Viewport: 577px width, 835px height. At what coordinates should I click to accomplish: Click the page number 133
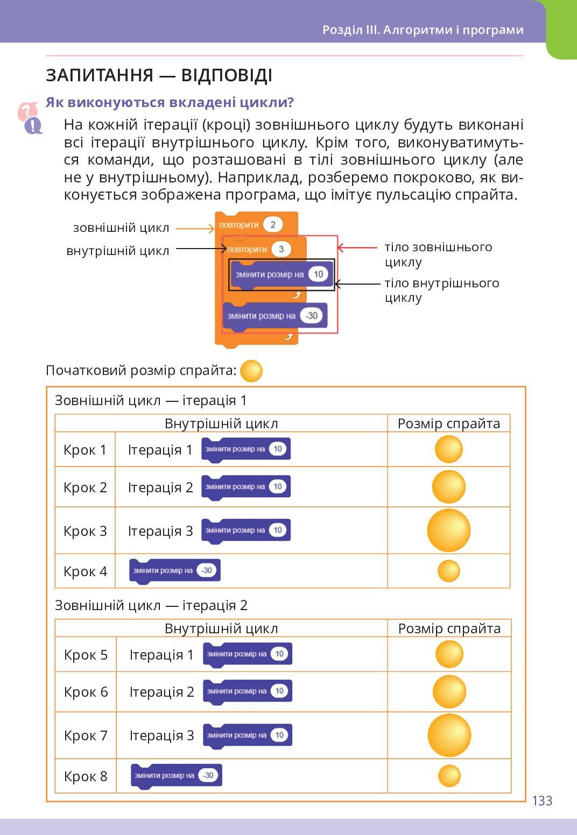tap(542, 801)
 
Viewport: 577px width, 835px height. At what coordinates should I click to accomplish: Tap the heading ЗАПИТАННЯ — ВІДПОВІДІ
tap(159, 75)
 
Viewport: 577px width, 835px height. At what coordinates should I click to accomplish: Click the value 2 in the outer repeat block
tap(273, 224)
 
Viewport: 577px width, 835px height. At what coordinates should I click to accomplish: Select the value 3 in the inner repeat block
tap(281, 249)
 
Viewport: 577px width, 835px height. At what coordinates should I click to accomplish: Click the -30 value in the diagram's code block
tap(311, 316)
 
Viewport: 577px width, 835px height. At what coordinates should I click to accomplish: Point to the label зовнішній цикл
tap(121, 228)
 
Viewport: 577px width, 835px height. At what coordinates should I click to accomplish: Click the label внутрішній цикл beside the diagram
tap(118, 251)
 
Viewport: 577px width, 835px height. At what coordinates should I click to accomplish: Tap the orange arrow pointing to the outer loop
tap(195, 229)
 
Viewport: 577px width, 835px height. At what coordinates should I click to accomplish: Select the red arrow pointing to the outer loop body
tap(357, 247)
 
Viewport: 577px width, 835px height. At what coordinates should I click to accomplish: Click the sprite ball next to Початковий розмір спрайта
tap(251, 371)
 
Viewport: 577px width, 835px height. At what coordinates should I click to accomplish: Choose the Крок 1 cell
tap(85, 450)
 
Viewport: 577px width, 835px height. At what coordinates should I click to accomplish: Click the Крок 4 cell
tap(85, 571)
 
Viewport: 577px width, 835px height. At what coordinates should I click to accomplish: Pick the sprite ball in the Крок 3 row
tap(448, 530)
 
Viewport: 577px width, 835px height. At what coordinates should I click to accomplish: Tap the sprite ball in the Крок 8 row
tap(449, 776)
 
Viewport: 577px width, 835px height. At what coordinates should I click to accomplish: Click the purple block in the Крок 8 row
tap(176, 776)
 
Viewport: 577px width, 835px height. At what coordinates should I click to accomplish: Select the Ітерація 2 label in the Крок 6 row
tap(161, 692)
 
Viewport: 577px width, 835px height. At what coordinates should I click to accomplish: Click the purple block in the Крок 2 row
tap(246, 487)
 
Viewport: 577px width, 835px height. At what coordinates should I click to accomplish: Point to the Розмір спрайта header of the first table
tap(448, 423)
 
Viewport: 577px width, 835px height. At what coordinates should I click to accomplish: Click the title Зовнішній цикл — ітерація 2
tap(151, 605)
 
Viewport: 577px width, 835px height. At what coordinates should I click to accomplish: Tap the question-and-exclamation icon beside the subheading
tap(30, 118)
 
